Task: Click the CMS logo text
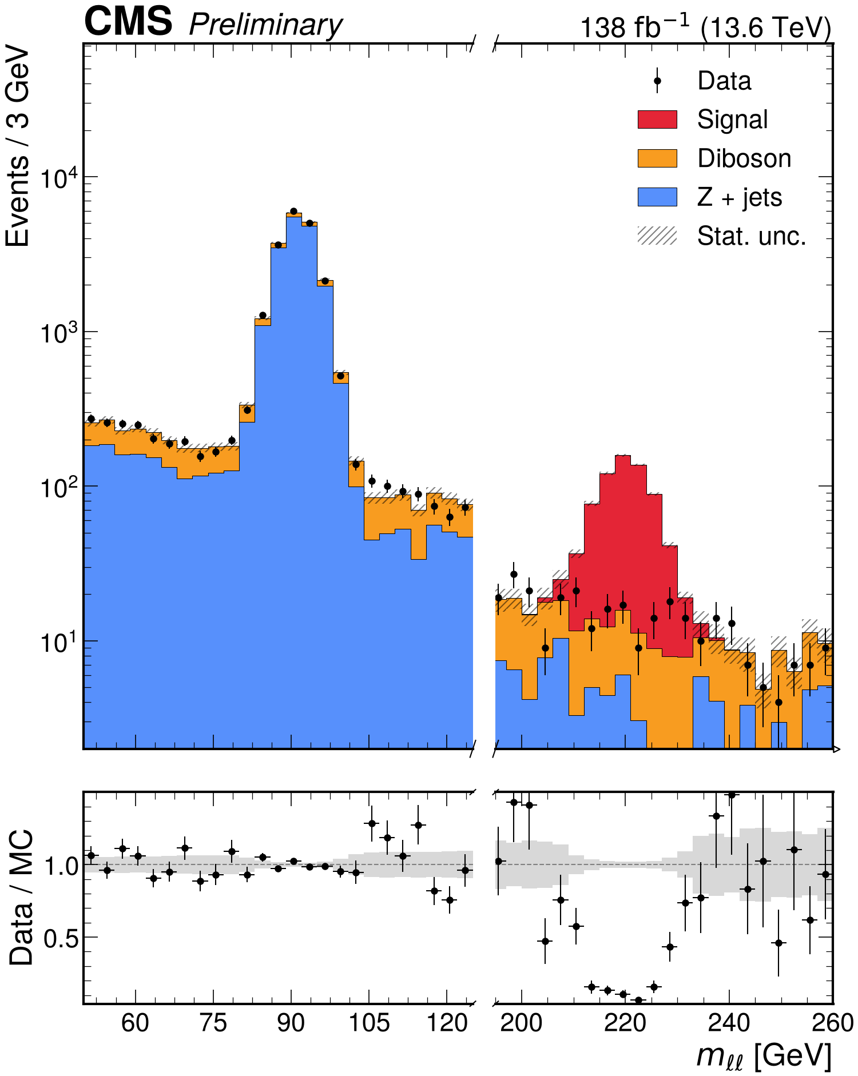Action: pos(128,21)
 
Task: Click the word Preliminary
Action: pos(266,26)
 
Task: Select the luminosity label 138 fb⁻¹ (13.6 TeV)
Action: pos(706,26)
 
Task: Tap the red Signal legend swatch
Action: pos(657,119)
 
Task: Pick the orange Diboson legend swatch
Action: pos(657,158)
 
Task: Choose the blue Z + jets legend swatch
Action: pos(657,197)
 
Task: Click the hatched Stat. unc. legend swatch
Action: pos(657,236)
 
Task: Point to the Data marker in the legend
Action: pos(657,81)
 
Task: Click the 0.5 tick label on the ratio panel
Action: pos(61,938)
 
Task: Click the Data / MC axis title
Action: pos(21,897)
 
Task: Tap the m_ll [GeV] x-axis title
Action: pos(764,1055)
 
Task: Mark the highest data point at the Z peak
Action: pos(294,212)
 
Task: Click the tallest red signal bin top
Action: pos(623,456)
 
